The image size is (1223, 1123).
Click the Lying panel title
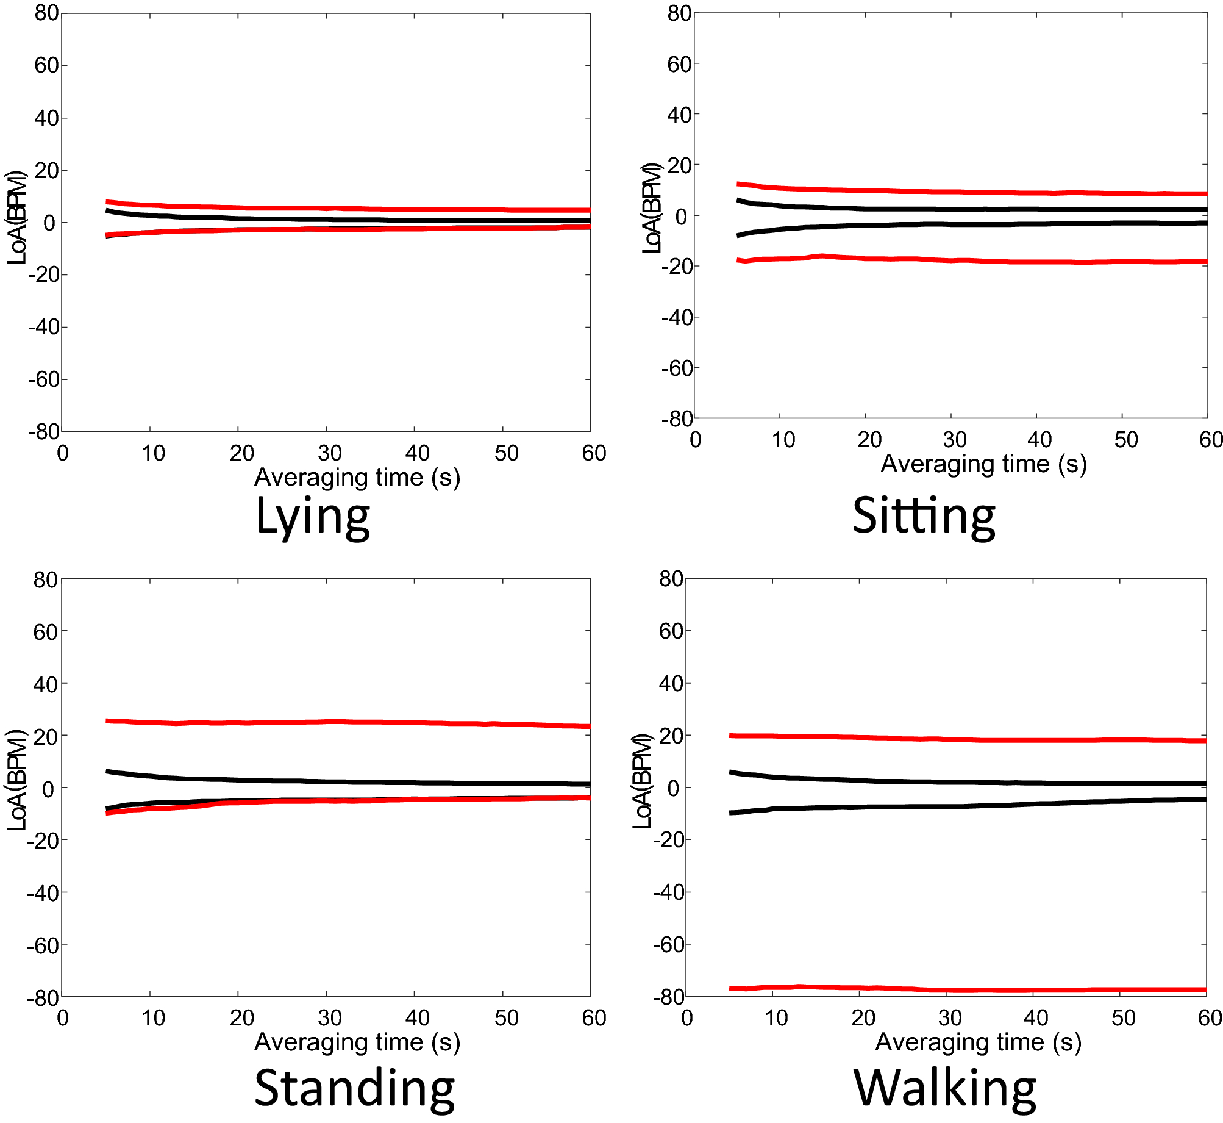tap(313, 517)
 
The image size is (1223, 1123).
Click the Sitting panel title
tap(924, 516)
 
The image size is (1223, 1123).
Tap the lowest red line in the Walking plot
tap(975, 989)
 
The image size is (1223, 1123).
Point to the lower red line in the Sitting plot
tap(975, 260)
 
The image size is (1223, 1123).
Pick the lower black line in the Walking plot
tap(975, 806)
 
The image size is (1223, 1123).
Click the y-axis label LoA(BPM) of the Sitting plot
tap(652, 208)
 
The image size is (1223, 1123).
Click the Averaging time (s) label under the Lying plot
tap(357, 477)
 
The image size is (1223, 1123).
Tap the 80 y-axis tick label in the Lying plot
tap(46, 13)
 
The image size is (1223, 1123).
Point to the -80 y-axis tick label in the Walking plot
tap(668, 997)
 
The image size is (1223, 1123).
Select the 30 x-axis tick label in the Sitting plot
tap(955, 439)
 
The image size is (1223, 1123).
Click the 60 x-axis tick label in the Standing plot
tap(594, 1017)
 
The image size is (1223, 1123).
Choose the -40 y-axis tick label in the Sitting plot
tap(677, 317)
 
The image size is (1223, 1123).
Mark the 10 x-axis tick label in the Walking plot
tap(776, 1017)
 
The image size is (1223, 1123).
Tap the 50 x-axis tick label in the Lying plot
tap(506, 453)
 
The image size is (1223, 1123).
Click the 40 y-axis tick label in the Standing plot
tap(45, 684)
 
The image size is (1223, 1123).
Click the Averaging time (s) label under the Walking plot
tap(978, 1042)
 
